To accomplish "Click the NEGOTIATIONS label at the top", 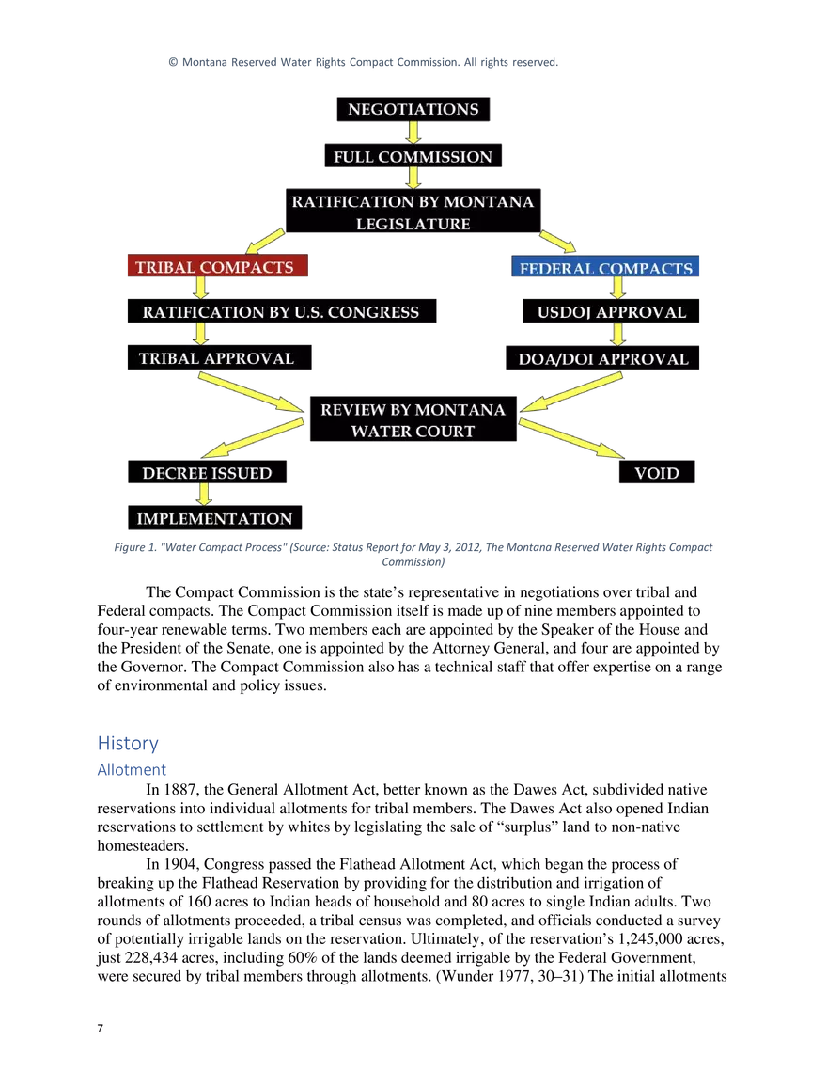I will (413, 109).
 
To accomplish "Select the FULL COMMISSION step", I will (413, 156).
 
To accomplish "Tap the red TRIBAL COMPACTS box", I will (215, 267).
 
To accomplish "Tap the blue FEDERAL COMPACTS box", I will (606, 268).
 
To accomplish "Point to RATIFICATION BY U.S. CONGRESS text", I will (280, 312).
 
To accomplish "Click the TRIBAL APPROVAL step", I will (216, 358).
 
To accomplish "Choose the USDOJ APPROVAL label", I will (611, 312).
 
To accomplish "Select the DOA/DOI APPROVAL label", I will (603, 359).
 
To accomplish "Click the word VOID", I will (656, 473).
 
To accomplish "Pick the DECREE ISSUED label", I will (207, 473).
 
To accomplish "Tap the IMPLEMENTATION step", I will (214, 519).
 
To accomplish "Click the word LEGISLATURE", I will (413, 224).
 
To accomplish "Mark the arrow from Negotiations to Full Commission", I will (413, 133).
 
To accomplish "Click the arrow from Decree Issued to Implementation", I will (202, 496).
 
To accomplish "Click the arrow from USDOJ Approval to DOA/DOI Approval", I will (617, 336).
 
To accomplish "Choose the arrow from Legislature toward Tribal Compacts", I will (265, 240).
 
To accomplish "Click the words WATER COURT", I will (413, 432).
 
